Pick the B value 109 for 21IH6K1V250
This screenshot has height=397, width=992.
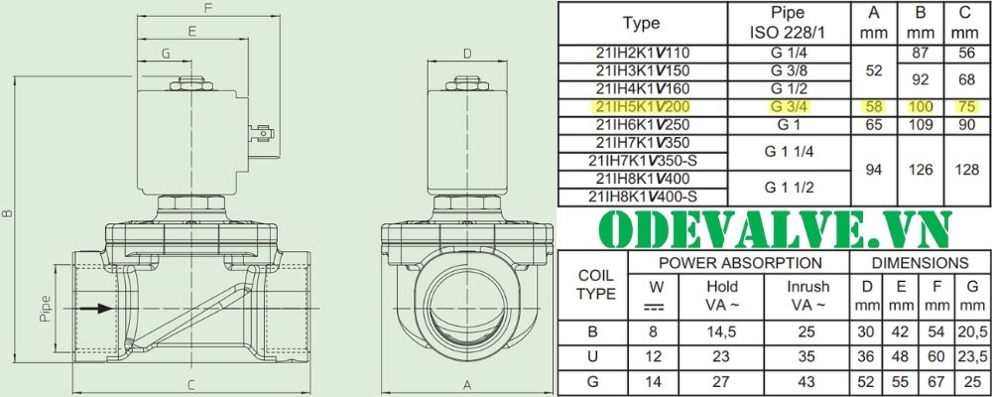click(921, 125)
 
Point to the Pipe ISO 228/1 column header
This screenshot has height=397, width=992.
click(788, 23)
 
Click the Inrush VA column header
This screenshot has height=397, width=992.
click(807, 296)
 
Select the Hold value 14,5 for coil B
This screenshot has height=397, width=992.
click(722, 331)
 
